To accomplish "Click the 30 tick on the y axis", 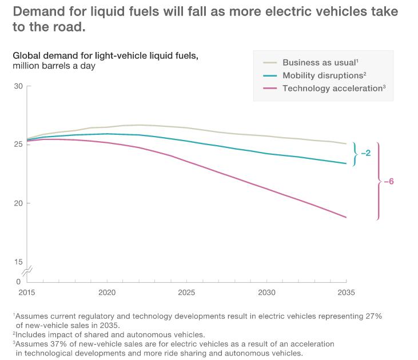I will pos(18,86).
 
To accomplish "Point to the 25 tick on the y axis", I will pos(18,145).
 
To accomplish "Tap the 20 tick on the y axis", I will pos(18,203).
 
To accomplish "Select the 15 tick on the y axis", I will pos(18,262).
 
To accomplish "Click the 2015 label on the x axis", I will pos(27,292).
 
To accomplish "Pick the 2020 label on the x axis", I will pos(107,292).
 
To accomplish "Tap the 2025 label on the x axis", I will pos(186,292).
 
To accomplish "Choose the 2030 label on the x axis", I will pos(266,292).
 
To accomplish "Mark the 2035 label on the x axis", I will pos(346,292).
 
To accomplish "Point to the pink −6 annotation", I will pos(388,182).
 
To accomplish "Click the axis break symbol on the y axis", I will pos(26,271).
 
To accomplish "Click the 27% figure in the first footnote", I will pos(374,316).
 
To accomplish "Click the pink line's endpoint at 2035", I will pos(346,217).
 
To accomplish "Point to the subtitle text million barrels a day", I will pos(54,66).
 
